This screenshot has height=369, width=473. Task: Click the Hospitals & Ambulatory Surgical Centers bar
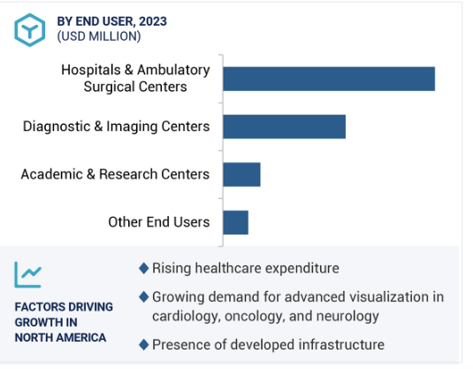(x=329, y=79)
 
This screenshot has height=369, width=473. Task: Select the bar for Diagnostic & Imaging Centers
(x=285, y=127)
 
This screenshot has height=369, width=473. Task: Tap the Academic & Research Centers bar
(x=241, y=174)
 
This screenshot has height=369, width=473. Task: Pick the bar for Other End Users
(x=235, y=222)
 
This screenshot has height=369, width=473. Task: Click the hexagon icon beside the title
(x=30, y=30)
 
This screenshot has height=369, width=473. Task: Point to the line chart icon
(x=28, y=274)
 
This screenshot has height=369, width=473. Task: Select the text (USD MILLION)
(x=99, y=36)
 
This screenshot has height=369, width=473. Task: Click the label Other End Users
(x=159, y=222)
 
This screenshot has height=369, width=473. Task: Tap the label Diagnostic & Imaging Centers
(x=116, y=127)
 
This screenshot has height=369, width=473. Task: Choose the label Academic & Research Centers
(x=115, y=174)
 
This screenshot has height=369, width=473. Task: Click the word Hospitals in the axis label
(x=91, y=70)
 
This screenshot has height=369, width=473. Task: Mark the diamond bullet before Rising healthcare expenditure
(x=144, y=268)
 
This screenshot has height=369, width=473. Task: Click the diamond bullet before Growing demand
(x=144, y=297)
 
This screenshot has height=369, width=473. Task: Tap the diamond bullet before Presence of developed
(x=144, y=344)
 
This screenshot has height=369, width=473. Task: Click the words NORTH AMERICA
(x=60, y=338)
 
